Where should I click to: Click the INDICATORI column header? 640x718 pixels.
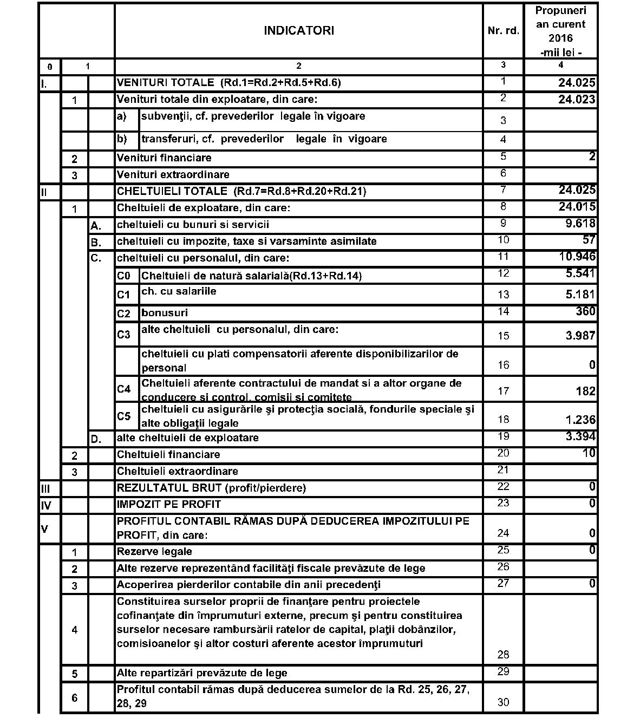point(298,31)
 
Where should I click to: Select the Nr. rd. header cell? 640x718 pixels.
point(503,31)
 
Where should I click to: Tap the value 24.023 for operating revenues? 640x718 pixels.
point(577,100)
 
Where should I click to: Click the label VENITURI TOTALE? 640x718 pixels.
point(166,83)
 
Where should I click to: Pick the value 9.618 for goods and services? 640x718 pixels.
point(580,224)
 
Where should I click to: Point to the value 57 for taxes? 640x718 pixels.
point(589,240)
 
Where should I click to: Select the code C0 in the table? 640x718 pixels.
point(124,276)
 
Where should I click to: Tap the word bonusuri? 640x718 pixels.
point(165,313)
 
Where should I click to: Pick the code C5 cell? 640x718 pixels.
point(124,416)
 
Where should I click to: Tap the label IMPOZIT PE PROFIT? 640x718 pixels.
point(169,504)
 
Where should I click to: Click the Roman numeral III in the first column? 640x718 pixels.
point(45,488)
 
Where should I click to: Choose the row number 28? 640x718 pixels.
point(503,655)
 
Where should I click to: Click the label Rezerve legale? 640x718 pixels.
point(154,552)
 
